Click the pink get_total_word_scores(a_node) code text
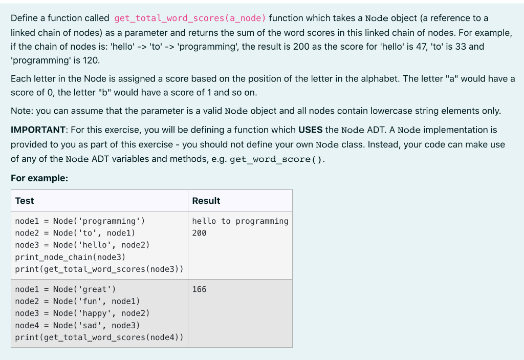[190, 18]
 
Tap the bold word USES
[310, 130]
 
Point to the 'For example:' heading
[39, 178]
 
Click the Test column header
[25, 201]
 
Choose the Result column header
[206, 201]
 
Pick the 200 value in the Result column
[199, 233]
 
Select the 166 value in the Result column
[199, 289]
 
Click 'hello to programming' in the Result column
[240, 221]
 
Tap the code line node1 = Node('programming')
[80, 221]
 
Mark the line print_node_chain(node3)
[70, 257]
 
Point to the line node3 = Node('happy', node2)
[82, 313]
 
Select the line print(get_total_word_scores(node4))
[99, 337]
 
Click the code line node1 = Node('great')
[65, 289]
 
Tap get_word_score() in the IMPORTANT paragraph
[276, 159]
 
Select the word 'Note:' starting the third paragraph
[21, 111]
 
